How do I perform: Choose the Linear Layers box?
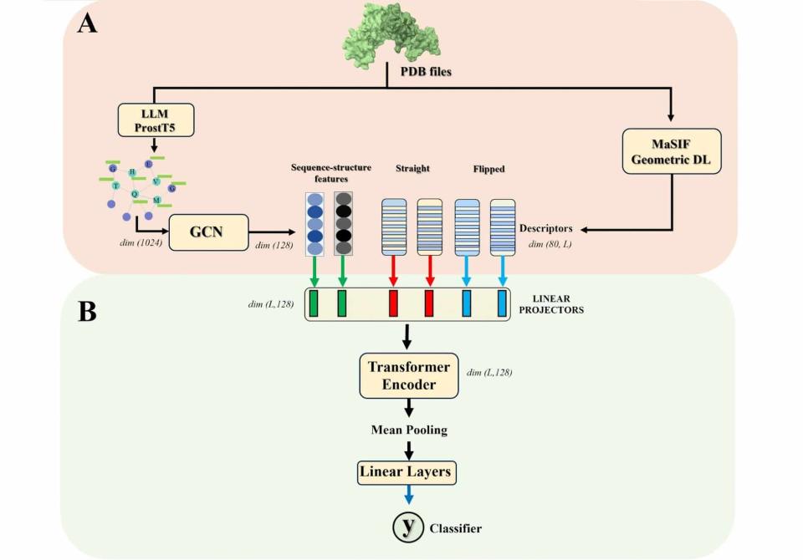[x=406, y=472]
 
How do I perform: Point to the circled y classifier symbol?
[x=408, y=527]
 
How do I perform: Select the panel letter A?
[x=87, y=23]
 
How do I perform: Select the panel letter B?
[x=87, y=312]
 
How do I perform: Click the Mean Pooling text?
[x=409, y=430]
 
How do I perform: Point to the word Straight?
[x=412, y=169]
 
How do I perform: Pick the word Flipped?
[x=488, y=169]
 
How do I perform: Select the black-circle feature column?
[x=343, y=223]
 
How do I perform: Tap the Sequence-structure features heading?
[x=331, y=173]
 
